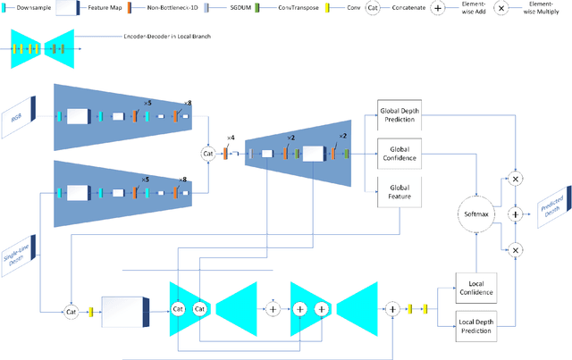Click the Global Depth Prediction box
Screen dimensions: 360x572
coord(399,114)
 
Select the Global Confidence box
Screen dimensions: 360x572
coord(399,151)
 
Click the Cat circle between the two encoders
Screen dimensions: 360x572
coord(209,154)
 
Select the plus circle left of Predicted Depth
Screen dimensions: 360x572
coord(514,214)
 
